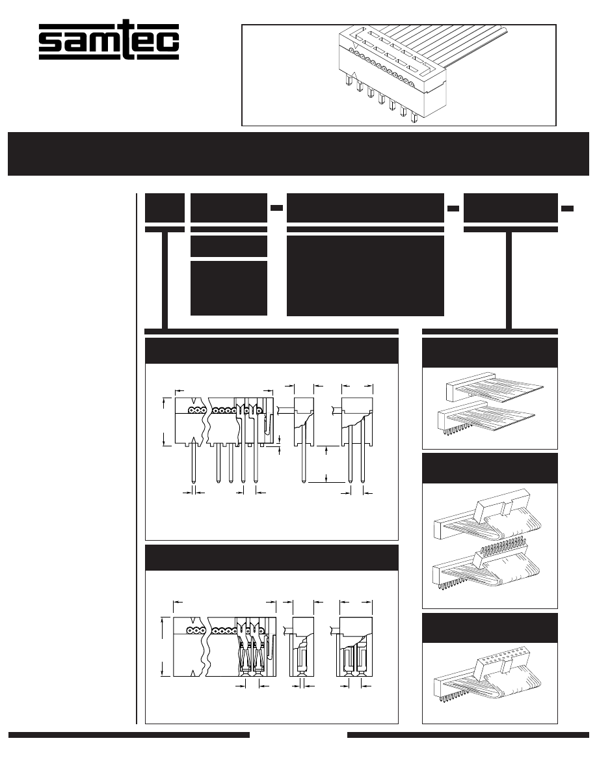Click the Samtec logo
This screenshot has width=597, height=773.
pos(109,42)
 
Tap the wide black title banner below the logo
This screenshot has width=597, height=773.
pos(298,154)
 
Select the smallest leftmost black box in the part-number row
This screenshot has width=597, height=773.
pos(165,207)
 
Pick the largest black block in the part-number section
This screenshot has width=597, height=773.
pos(365,275)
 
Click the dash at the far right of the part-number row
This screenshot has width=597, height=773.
pos(567,208)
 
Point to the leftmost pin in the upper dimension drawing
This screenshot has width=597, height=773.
pos(194,465)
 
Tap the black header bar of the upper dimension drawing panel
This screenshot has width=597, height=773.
pos(271,351)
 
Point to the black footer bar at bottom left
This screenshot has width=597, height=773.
pos(129,735)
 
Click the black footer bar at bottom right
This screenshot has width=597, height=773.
pos(468,735)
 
